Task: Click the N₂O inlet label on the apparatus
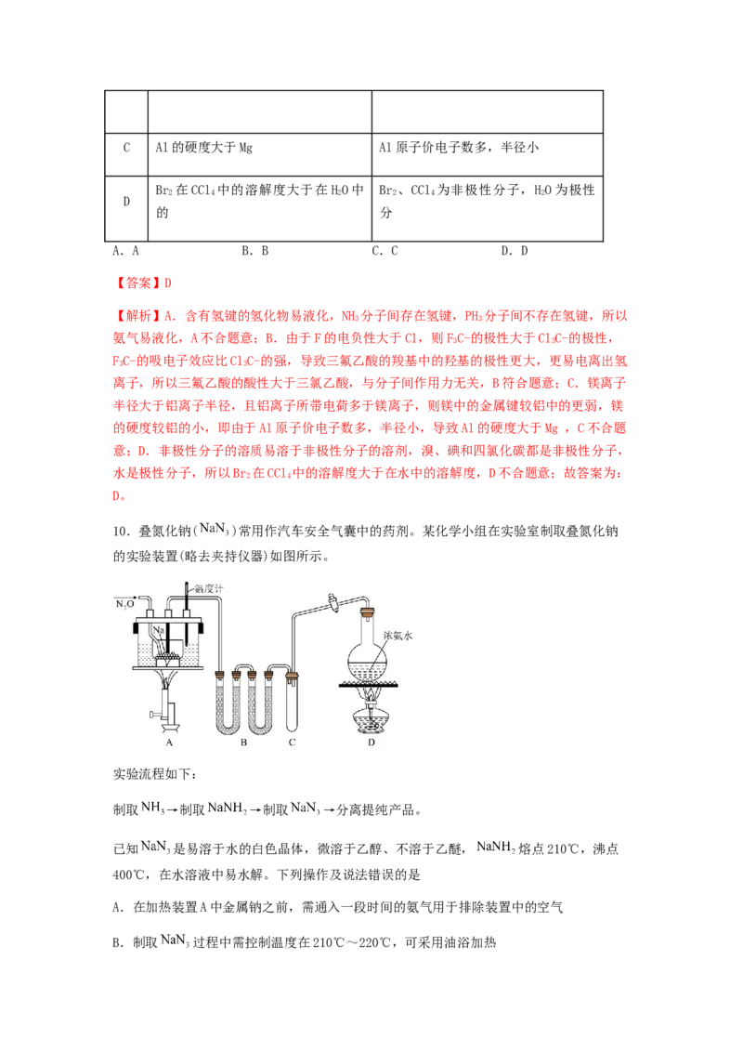coord(124,604)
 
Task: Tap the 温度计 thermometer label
coord(209,588)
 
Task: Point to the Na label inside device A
coord(158,631)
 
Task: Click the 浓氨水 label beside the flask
coord(398,636)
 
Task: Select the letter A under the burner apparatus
coord(169,742)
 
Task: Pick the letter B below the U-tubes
coord(243,742)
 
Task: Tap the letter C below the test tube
coord(292,742)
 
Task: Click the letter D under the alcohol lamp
coord(371,742)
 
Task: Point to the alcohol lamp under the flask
coord(369,714)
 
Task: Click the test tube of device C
coord(292,701)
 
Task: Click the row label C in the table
coord(126,148)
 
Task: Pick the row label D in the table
coord(126,202)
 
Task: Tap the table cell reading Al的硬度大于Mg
coord(203,148)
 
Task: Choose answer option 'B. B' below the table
coord(254,251)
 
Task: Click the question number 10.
coord(121,532)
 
